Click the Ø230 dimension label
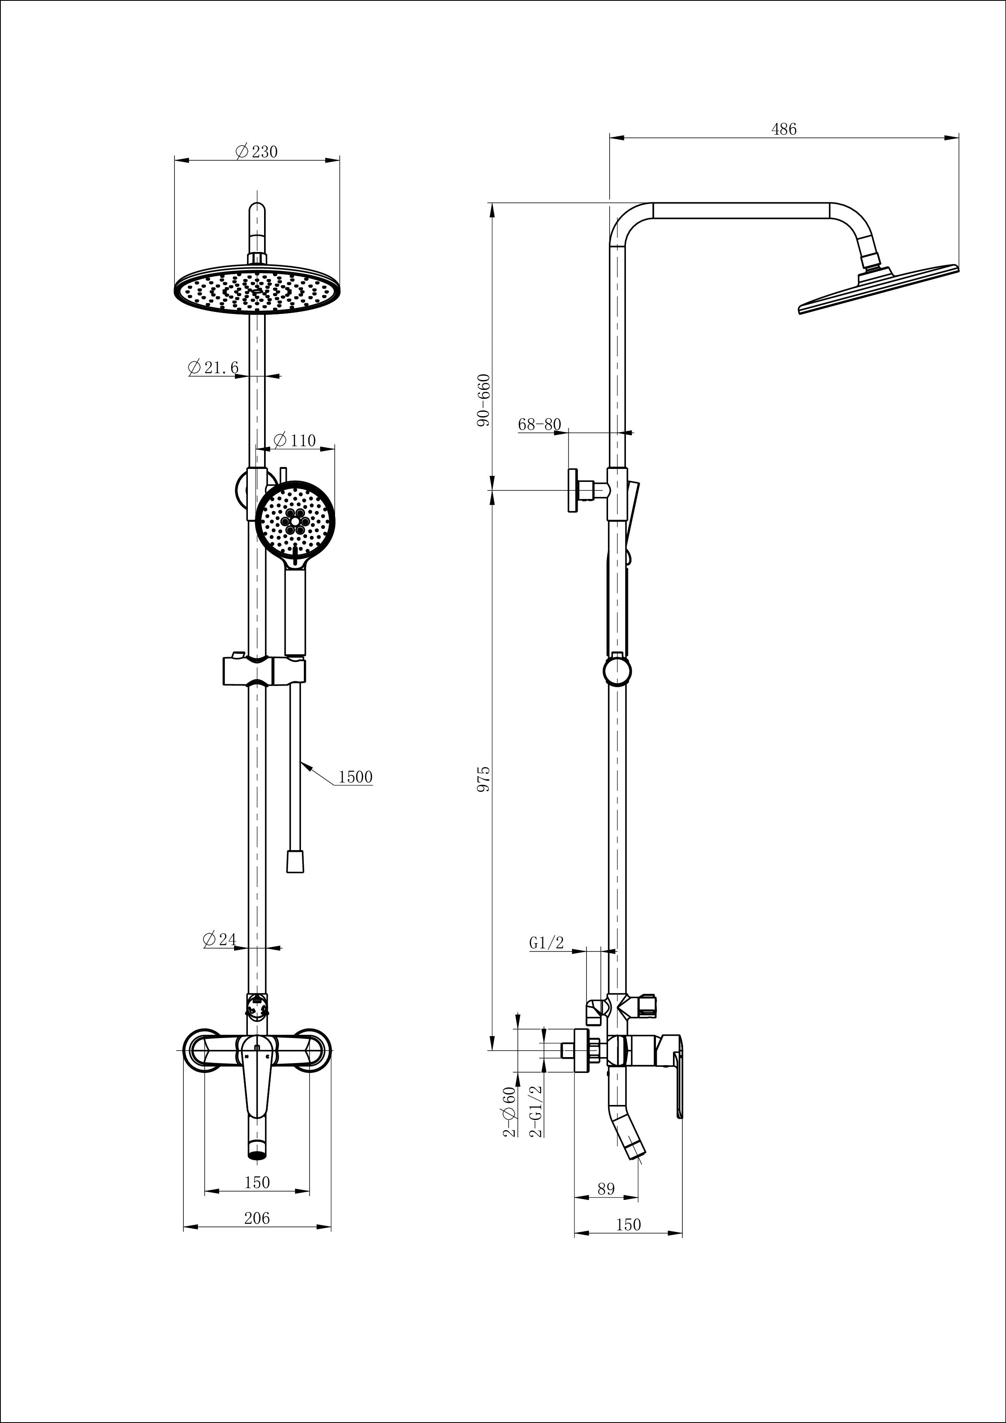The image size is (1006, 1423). click(x=257, y=151)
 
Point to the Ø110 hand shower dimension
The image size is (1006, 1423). click(x=294, y=440)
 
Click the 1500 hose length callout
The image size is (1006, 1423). click(x=355, y=776)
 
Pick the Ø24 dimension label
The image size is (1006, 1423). click(x=220, y=939)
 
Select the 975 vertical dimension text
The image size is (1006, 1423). click(x=484, y=778)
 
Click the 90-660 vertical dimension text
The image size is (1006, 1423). click(x=484, y=400)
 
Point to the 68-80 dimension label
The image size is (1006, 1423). click(x=539, y=425)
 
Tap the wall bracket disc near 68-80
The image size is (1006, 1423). click(x=573, y=490)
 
